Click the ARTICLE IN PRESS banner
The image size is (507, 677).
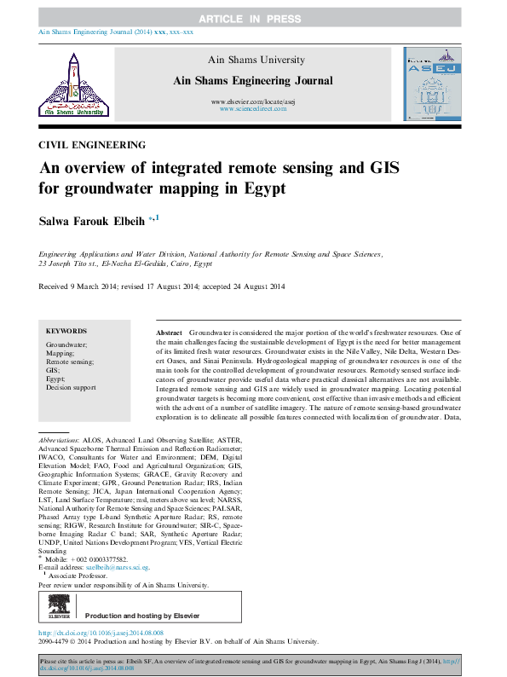[x=253, y=18]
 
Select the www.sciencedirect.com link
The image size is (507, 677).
[x=253, y=109]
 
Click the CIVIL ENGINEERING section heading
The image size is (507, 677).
[x=92, y=145]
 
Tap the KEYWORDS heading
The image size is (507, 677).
[x=66, y=331]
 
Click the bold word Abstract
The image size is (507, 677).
[x=170, y=331]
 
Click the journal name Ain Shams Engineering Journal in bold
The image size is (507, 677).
[x=252, y=80]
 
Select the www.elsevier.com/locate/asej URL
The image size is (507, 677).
[x=253, y=101]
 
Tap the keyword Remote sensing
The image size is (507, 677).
[x=70, y=362]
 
